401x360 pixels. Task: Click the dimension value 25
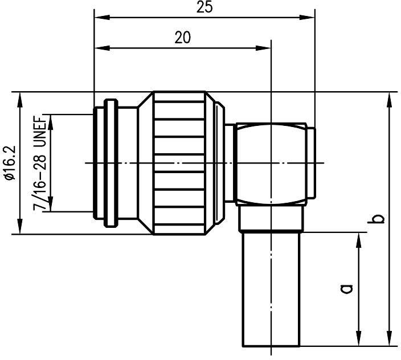tap(204, 8)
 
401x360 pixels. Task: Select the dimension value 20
tap(182, 38)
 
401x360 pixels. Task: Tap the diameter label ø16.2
tap(9, 163)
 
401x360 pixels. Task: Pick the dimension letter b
tap(377, 219)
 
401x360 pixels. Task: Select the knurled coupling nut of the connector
tap(185, 163)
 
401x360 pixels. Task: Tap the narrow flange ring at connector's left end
tap(109, 163)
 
